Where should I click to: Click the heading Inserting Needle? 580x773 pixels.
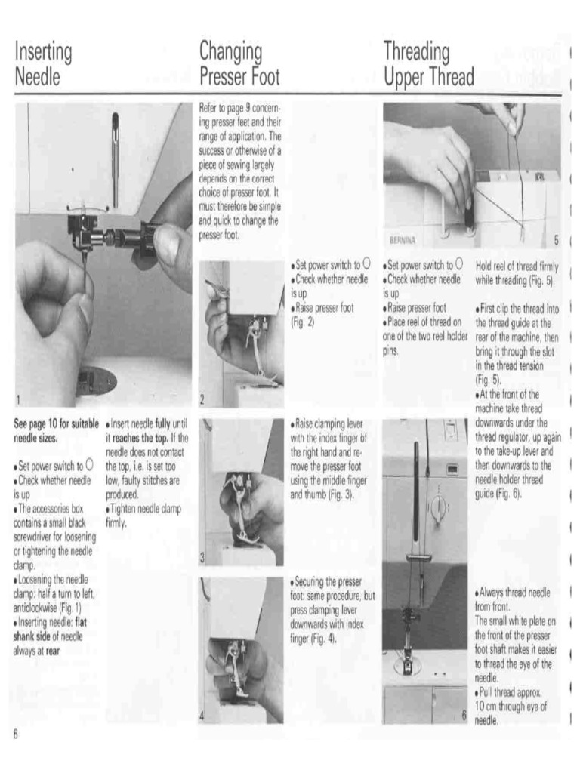(44, 64)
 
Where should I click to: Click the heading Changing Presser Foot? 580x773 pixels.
(239, 64)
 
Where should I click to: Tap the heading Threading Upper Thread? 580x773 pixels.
(428, 64)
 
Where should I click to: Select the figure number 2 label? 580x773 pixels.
(203, 399)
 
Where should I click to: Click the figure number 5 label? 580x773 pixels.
(555, 240)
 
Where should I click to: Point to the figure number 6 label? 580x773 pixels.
(464, 715)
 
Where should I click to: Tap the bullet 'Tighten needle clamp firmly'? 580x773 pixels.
(144, 516)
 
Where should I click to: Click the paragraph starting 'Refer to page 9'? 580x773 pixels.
(239, 171)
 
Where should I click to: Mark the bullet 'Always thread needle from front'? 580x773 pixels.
(517, 599)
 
